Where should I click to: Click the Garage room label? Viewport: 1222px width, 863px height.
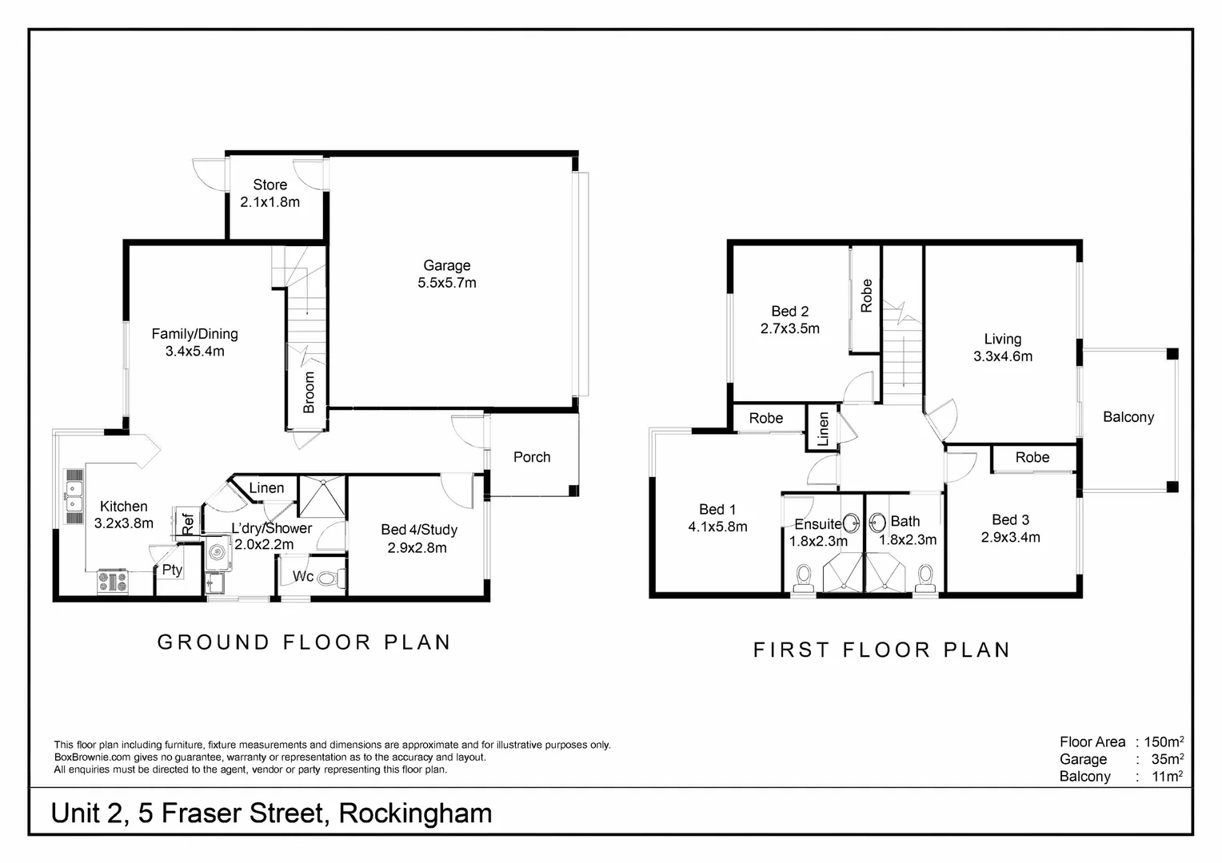(x=446, y=266)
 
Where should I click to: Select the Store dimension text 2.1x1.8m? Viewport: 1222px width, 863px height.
(x=270, y=202)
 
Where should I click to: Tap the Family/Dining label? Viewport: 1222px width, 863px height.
(x=194, y=334)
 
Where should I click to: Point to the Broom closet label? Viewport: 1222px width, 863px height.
(x=309, y=392)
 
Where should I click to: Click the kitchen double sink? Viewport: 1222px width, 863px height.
(x=74, y=496)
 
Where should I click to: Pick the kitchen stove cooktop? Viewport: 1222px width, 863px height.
(x=112, y=582)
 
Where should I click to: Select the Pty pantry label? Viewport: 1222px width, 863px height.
(x=172, y=570)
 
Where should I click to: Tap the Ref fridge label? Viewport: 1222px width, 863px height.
(x=189, y=524)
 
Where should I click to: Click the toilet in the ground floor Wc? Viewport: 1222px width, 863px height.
(x=330, y=578)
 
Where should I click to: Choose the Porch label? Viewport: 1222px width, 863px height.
(x=532, y=457)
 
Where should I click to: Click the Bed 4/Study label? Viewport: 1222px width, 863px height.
(x=418, y=529)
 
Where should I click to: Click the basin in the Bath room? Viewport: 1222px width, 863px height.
(x=877, y=523)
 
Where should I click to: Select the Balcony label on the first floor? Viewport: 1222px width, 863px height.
(x=1128, y=417)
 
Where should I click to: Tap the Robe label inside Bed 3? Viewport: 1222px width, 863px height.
(x=1032, y=457)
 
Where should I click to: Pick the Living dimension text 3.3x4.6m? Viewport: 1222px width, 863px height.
(x=1002, y=356)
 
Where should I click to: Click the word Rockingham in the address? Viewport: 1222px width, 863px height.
(x=415, y=813)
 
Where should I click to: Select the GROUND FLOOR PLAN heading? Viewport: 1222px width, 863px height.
(x=304, y=642)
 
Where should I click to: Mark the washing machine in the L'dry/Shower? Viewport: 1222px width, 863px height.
(x=216, y=552)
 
